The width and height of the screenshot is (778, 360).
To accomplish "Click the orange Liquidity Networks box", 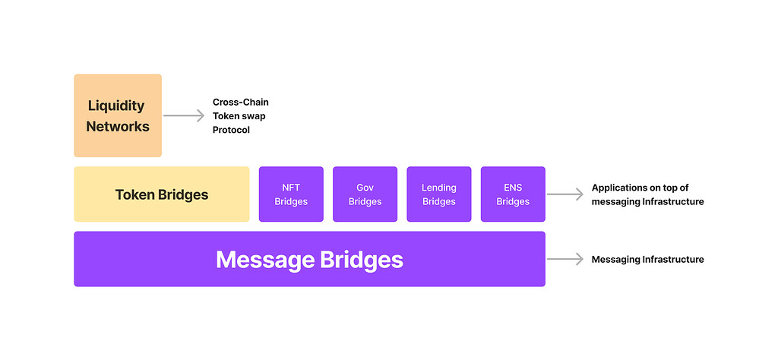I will [x=118, y=115].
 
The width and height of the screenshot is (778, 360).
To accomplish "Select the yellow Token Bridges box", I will [x=161, y=194].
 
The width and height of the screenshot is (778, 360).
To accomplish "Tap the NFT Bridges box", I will [x=291, y=194].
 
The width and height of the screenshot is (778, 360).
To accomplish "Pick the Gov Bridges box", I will [x=365, y=194].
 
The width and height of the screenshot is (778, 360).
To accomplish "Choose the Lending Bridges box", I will [x=438, y=194].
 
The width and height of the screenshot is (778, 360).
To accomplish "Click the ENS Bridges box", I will [x=513, y=194].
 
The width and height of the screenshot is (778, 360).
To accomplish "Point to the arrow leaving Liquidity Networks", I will [x=184, y=115].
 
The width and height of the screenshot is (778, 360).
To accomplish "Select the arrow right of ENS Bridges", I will [x=565, y=194].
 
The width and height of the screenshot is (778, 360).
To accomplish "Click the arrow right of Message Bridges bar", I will [x=565, y=260].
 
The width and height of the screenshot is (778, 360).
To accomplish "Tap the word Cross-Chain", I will [x=240, y=102].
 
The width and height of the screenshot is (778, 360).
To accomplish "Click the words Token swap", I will [x=239, y=116].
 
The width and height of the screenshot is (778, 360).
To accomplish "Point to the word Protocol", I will [x=231, y=130].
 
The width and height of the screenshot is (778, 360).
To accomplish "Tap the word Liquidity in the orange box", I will [x=116, y=106].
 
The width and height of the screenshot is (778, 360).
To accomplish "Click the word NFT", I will [x=291, y=188].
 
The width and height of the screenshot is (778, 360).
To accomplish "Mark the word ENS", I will [x=513, y=188].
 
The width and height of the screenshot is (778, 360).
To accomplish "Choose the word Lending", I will [x=438, y=188].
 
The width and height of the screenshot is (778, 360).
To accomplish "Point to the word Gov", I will [x=365, y=188].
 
